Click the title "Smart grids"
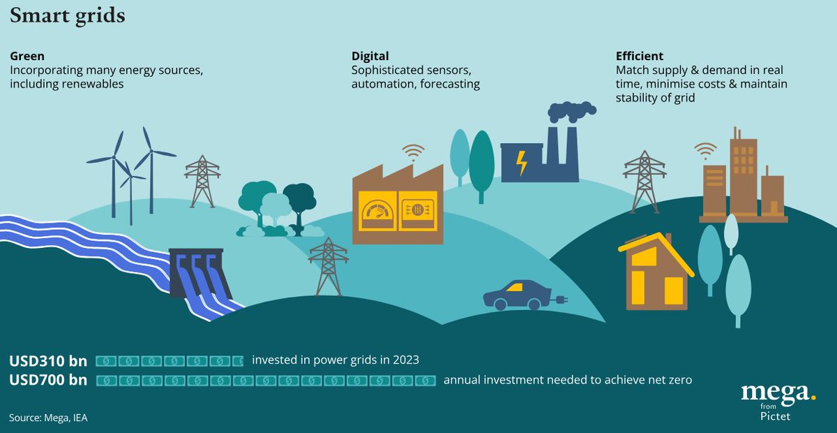[68, 16]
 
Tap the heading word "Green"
[26, 56]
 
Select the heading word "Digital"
[370, 56]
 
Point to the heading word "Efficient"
[640, 56]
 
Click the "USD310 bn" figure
[48, 361]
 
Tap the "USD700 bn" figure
[48, 381]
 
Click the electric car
[518, 295]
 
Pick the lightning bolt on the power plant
[520, 163]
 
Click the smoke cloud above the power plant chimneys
[572, 112]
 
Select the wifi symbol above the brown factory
[413, 152]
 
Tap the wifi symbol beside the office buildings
[705, 149]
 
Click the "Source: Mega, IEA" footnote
[49, 418]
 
